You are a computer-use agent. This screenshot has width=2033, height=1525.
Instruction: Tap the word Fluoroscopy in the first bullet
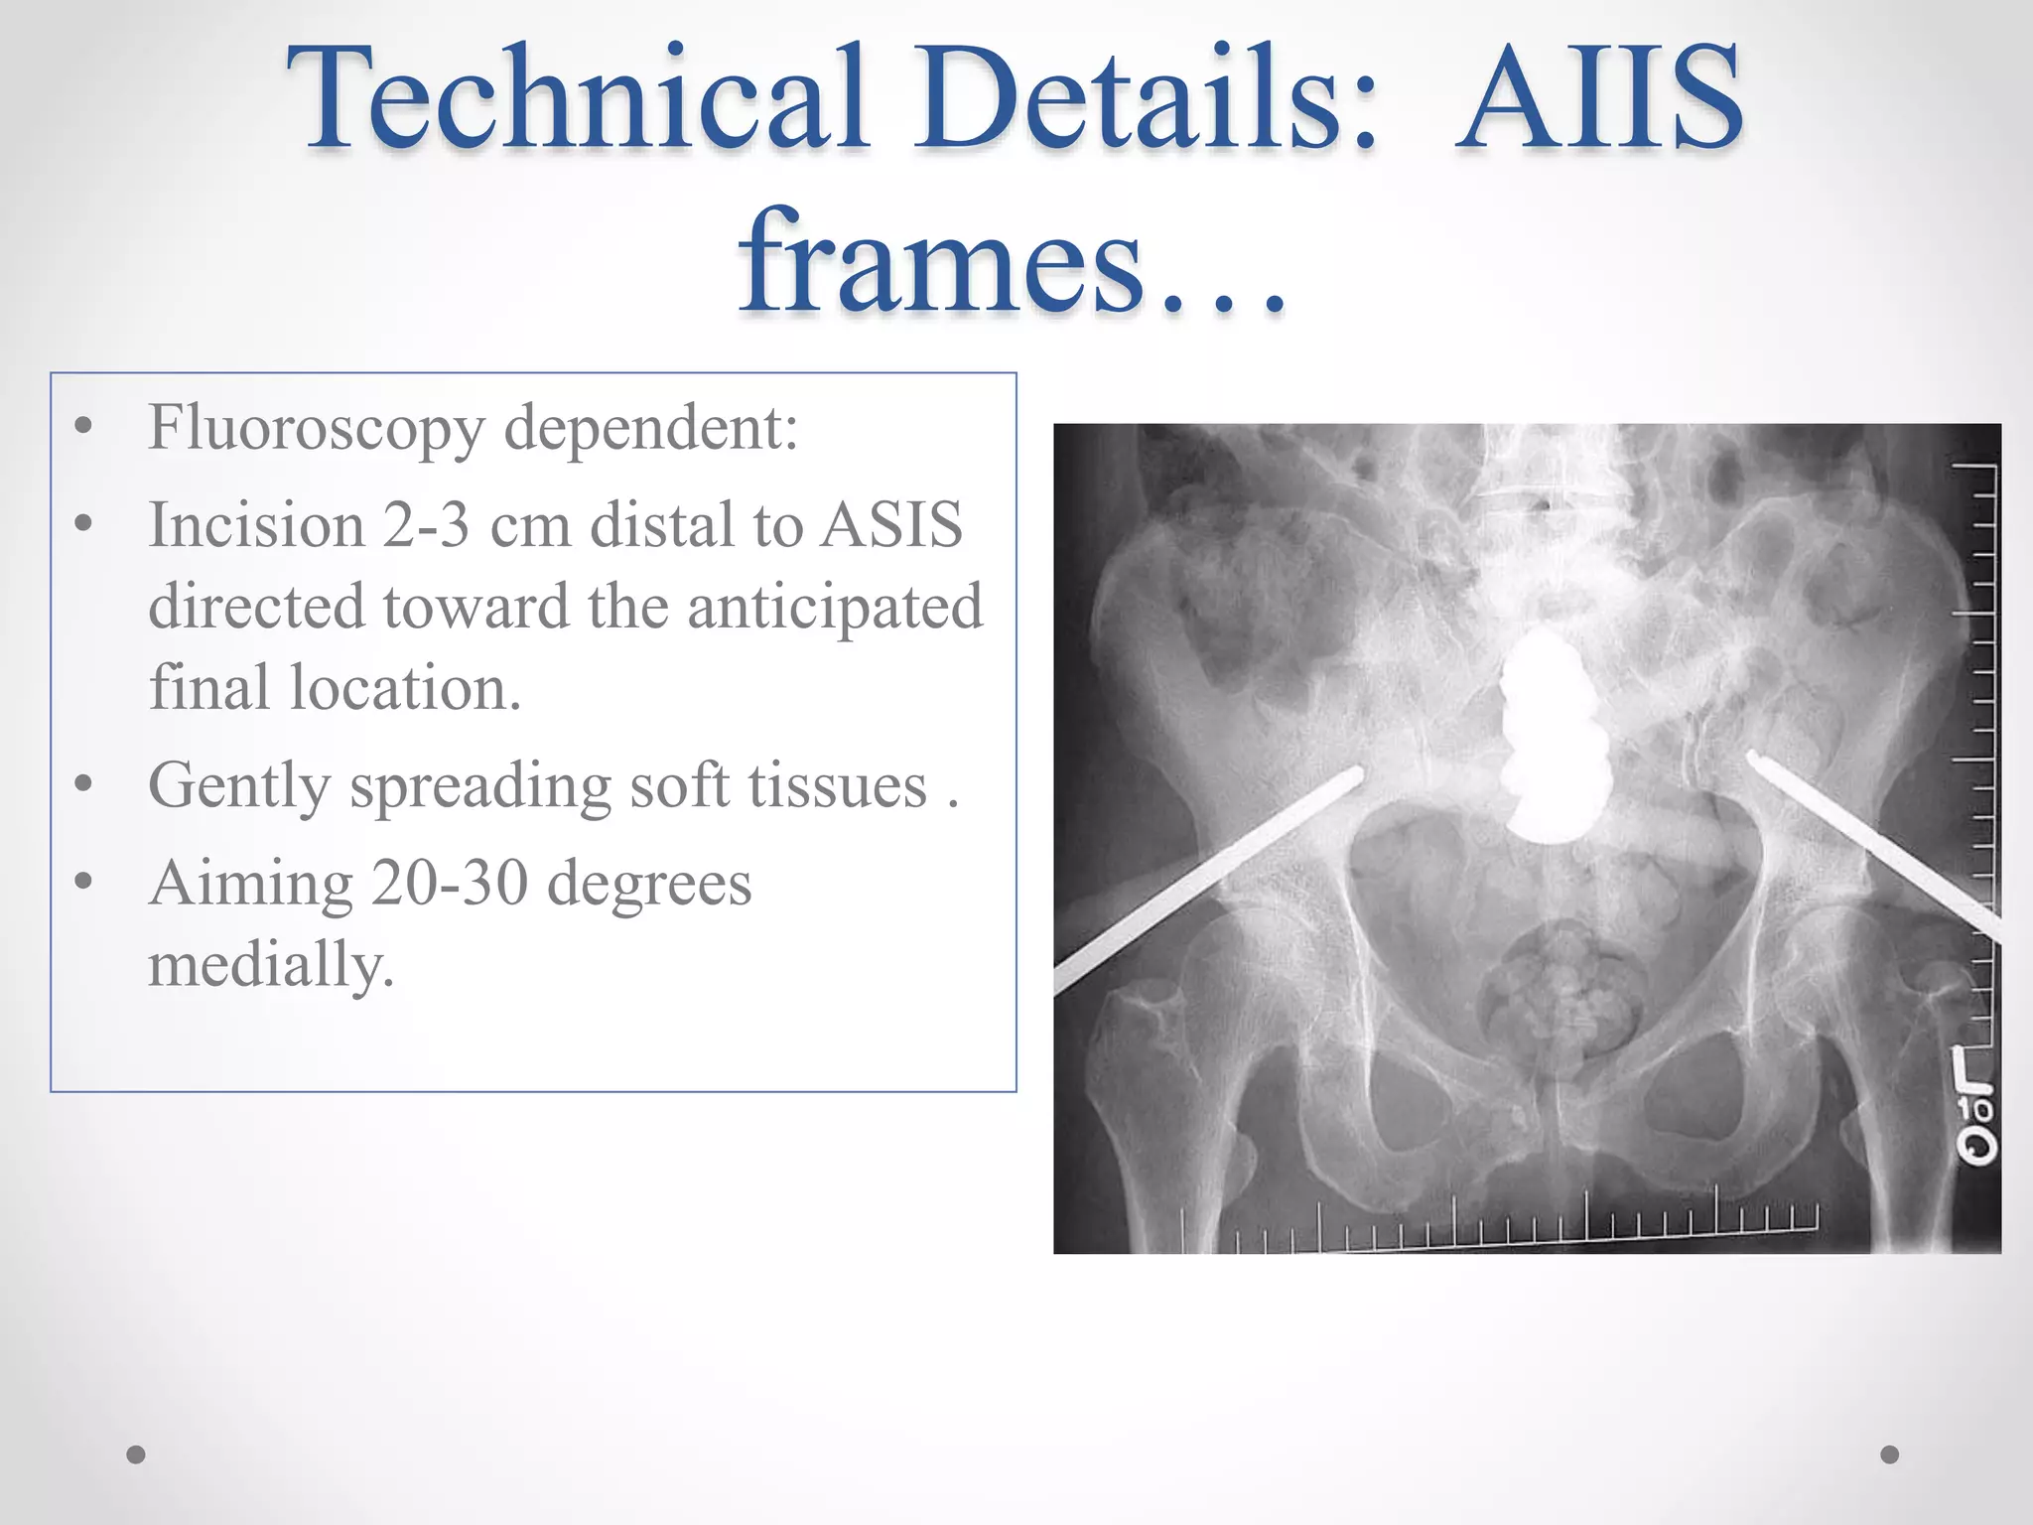pos(316,428)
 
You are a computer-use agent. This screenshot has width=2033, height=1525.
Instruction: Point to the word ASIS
pos(891,525)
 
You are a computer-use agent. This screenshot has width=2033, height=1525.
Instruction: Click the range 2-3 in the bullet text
pos(426,525)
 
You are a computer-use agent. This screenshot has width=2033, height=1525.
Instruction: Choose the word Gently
pos(238,785)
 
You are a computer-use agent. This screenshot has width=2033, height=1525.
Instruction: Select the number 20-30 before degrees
pos(449,883)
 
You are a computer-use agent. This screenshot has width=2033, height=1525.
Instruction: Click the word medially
pos(271,964)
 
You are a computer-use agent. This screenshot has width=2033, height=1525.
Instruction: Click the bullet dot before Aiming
pos(83,881)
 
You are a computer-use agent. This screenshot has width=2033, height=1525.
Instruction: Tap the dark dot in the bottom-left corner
pos(136,1455)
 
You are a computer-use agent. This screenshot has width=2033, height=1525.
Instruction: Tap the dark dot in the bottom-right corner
pos(1890,1455)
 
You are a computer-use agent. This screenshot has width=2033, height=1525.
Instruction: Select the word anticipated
pos(835,607)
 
